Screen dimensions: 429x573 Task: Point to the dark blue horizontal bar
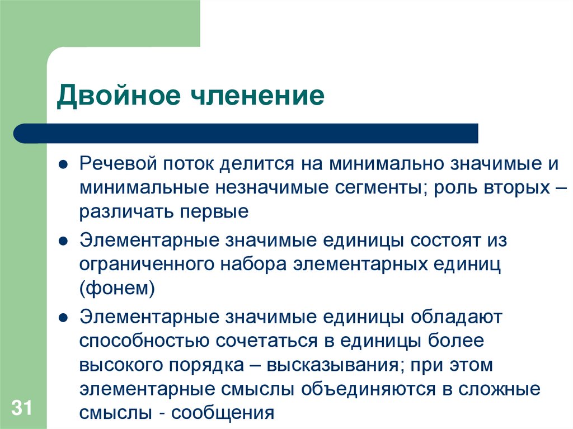coord(246,134)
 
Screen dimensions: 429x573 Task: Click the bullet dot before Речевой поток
coord(64,166)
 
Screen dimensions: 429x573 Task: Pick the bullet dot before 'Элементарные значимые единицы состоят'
coord(64,242)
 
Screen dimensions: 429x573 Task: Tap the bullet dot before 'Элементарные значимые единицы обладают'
coord(64,318)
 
